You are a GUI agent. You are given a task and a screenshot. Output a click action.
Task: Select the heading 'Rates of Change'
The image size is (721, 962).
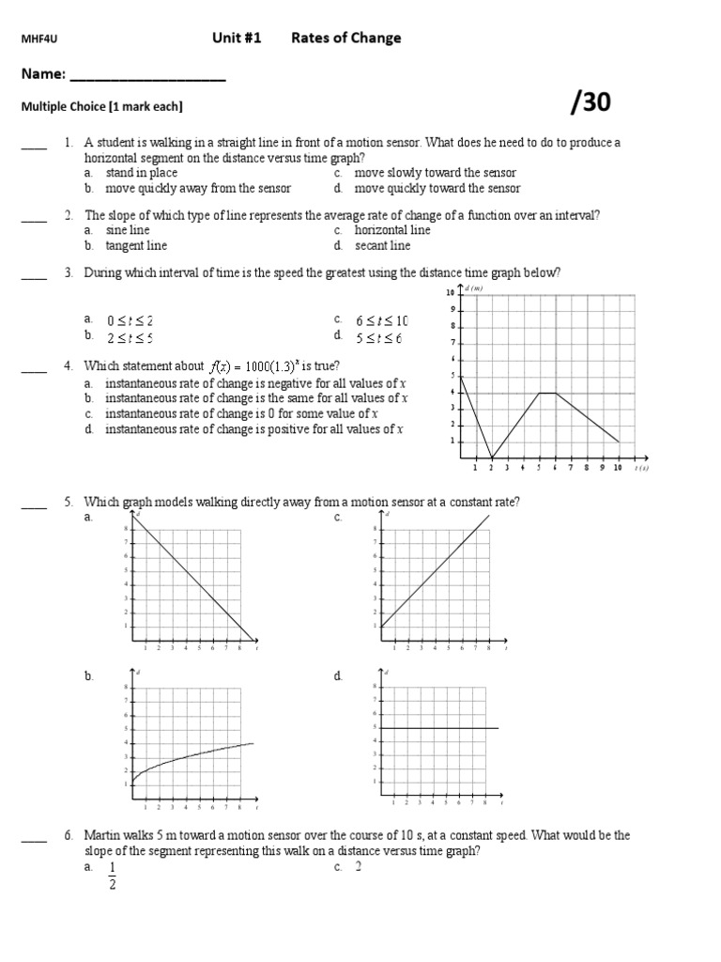[x=345, y=39]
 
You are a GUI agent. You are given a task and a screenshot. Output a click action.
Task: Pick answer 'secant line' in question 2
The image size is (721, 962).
[x=382, y=246]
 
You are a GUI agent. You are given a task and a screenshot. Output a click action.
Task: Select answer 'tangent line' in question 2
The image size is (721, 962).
[x=136, y=246]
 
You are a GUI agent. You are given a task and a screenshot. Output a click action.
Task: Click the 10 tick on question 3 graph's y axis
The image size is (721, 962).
[x=451, y=293]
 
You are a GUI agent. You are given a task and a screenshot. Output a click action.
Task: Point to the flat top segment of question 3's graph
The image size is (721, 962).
[x=547, y=393]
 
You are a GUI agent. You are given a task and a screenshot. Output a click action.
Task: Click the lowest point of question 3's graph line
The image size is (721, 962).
[x=491, y=458]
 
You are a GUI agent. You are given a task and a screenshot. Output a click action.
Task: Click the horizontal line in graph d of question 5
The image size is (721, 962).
[x=441, y=728]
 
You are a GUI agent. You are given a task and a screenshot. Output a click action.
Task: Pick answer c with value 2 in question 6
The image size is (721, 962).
[x=358, y=866]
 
